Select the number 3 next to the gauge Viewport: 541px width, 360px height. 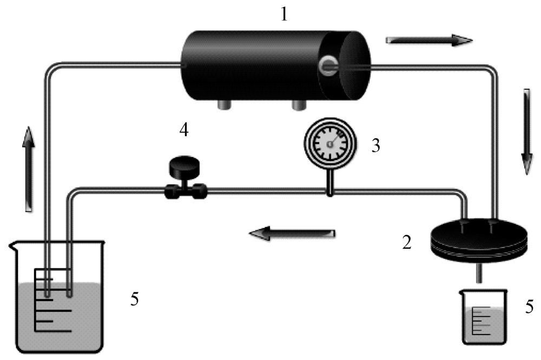point(375,146)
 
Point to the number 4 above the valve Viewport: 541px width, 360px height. point(184,131)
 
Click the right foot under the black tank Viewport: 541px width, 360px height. point(298,103)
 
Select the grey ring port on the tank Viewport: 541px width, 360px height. point(328,65)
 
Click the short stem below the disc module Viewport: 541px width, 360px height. point(478,273)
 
